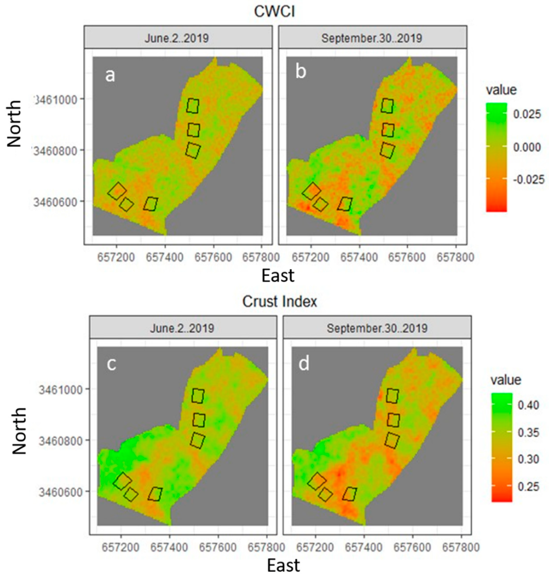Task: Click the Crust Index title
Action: pyautogui.click(x=279, y=302)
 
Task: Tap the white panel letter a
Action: pyautogui.click(x=110, y=75)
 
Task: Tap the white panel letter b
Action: pyautogui.click(x=301, y=72)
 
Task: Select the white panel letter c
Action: pyautogui.click(x=111, y=364)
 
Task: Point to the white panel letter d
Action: pyautogui.click(x=304, y=364)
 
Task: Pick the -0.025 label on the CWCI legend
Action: pyautogui.click(x=529, y=179)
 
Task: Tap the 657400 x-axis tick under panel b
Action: pyautogui.click(x=359, y=258)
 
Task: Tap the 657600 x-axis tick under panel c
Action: pyautogui.click(x=218, y=547)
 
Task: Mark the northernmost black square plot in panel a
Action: pyautogui.click(x=193, y=106)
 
